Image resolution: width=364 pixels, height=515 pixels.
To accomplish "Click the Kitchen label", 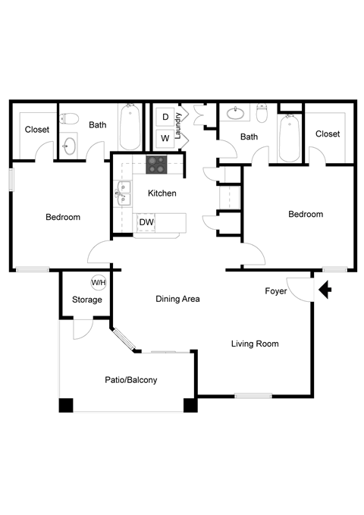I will [x=162, y=193].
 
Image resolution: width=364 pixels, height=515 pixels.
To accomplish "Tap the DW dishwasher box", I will [x=146, y=222].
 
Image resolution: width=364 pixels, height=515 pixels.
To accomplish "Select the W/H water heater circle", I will [x=99, y=283].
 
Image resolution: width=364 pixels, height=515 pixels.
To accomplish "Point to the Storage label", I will [x=87, y=300].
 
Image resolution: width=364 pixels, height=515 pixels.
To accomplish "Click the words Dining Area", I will [x=177, y=299].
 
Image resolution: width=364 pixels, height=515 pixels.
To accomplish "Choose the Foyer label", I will [x=276, y=291].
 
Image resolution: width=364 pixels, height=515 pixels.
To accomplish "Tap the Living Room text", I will [x=255, y=344].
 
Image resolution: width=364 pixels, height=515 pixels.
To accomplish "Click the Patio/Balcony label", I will [x=131, y=380].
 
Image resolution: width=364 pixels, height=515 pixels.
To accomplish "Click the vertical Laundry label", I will [x=178, y=126].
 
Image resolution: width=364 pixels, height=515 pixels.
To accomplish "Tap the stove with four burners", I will [x=157, y=162].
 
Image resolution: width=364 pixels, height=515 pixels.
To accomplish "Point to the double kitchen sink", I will [x=122, y=193].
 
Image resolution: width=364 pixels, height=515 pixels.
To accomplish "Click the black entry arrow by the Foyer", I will [x=325, y=290].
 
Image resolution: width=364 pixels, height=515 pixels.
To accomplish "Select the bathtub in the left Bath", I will [x=128, y=127].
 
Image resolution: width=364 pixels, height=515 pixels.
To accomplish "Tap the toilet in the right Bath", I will [x=262, y=114].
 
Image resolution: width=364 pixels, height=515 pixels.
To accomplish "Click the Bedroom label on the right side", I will [x=306, y=215].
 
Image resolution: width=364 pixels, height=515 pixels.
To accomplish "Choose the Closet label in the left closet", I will [x=37, y=130].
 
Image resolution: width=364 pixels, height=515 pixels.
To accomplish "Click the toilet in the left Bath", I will [x=70, y=119].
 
